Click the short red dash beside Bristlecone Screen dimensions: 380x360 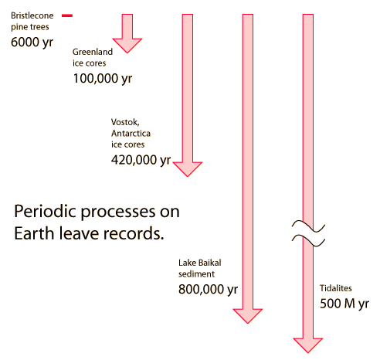pyautogui.click(x=67, y=15)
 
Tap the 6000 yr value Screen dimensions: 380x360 pyautogui.click(x=32, y=42)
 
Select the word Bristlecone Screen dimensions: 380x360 pyautogui.click(x=32, y=15)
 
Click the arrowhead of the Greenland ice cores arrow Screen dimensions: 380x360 pyautogui.click(x=127, y=46)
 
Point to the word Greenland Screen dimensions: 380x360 pyautogui.click(x=93, y=52)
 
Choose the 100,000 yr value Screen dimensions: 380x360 pyautogui.click(x=103, y=78)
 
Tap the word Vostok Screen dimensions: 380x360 pyautogui.click(x=125, y=122)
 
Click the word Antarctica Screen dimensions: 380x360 pyautogui.click(x=131, y=134)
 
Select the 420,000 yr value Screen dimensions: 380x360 pyautogui.click(x=141, y=160)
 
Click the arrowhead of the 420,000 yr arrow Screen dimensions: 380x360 pyautogui.click(x=188, y=169)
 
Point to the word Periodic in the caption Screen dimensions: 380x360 pyautogui.click(x=46, y=212)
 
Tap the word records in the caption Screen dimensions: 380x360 pyautogui.click(x=134, y=233)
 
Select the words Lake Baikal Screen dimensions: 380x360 pyautogui.click(x=200, y=263)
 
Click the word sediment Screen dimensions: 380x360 pyautogui.click(x=196, y=274)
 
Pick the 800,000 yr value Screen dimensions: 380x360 pyautogui.click(x=208, y=289)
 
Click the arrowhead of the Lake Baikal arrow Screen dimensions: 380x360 pyautogui.click(x=248, y=316)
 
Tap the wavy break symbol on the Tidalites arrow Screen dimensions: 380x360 pyautogui.click(x=308, y=233)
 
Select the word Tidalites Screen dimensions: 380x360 pyautogui.click(x=336, y=288)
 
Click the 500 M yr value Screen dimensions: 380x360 pyautogui.click(x=344, y=304)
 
